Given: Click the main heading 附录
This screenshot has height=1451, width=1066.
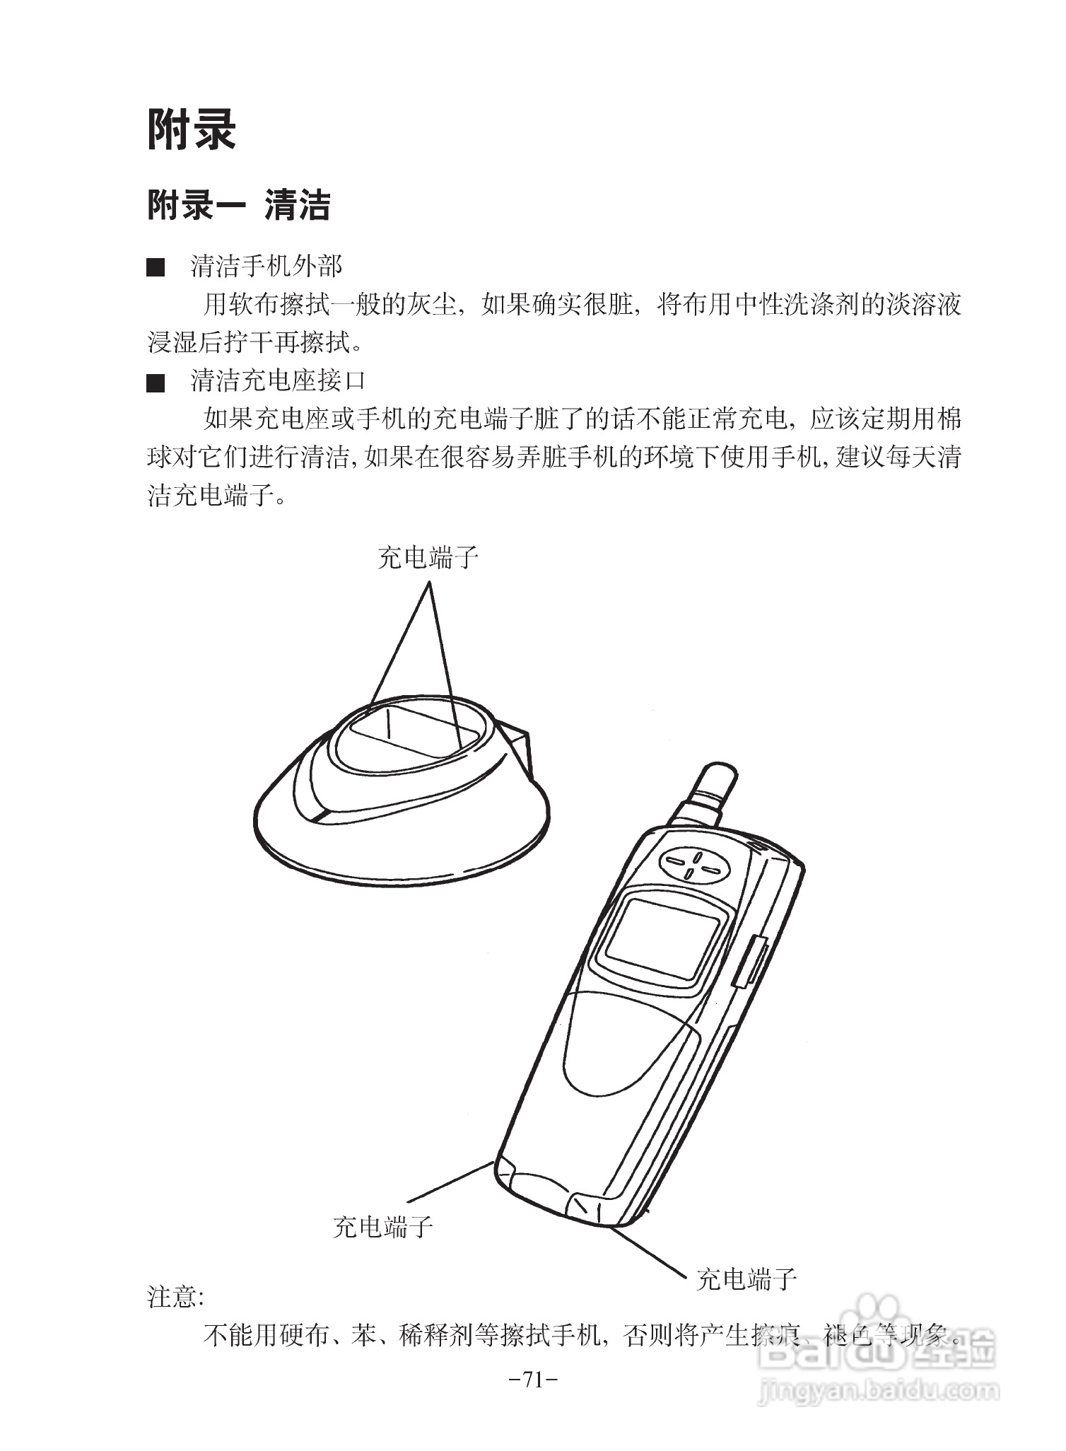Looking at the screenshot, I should coord(191,130).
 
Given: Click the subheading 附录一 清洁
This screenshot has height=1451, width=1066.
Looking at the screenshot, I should coord(238,206).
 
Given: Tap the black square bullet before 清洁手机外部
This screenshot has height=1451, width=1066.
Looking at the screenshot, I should coord(156,268).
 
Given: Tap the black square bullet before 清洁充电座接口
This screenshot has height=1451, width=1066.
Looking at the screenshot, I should coord(156,383).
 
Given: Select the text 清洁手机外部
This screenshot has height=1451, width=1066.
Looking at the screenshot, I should coord(266,267).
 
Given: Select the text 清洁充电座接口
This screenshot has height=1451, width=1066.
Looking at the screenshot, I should coord(278,381).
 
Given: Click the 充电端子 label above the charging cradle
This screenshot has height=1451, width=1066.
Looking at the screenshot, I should coord(428,558).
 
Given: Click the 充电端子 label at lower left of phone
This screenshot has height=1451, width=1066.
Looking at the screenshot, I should coord(382,1226).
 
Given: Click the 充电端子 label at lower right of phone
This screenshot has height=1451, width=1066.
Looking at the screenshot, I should coord(746,1278).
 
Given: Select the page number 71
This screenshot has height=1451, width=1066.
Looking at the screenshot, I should coord(534,1378).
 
